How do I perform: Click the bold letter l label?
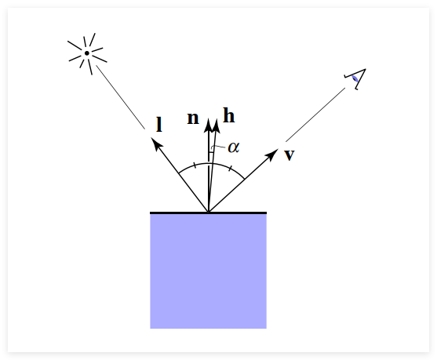[x=159, y=124]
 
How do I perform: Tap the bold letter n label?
[x=193, y=118]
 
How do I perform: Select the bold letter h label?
[x=229, y=115]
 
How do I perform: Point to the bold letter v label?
[x=290, y=155]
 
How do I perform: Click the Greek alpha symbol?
[x=234, y=147]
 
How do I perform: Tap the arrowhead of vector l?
[x=155, y=144]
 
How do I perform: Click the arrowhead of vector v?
[x=272, y=154]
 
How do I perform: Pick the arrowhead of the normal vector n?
[x=209, y=125]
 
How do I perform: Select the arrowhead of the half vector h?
[x=216, y=126]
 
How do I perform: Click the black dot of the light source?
[x=87, y=53]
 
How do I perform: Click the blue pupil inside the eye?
[x=355, y=78]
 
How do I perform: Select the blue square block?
[x=208, y=271]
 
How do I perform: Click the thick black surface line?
[x=208, y=213]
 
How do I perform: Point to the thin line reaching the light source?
[x=120, y=97]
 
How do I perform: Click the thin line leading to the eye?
[x=315, y=115]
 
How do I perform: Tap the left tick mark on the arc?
[x=195, y=165]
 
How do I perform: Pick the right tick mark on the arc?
[x=230, y=169]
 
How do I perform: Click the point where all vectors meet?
[x=209, y=212]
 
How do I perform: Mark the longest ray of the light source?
[x=75, y=45]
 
